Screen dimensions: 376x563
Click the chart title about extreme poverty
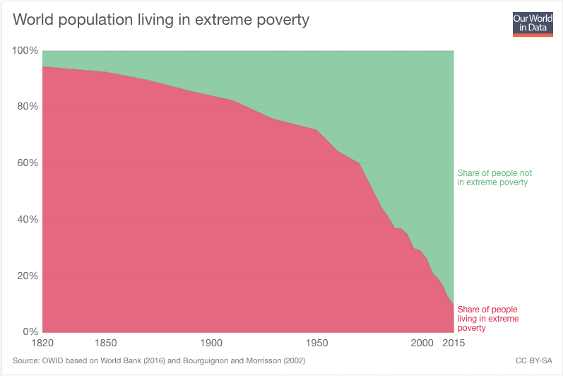(x=161, y=20)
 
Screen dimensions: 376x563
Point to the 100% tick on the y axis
(x=25, y=51)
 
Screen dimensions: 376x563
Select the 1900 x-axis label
(x=212, y=343)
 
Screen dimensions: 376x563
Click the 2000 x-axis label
(x=422, y=343)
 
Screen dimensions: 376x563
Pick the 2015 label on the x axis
(x=454, y=343)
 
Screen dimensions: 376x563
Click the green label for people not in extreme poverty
(x=494, y=177)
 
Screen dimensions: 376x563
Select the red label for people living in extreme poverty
(x=487, y=319)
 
